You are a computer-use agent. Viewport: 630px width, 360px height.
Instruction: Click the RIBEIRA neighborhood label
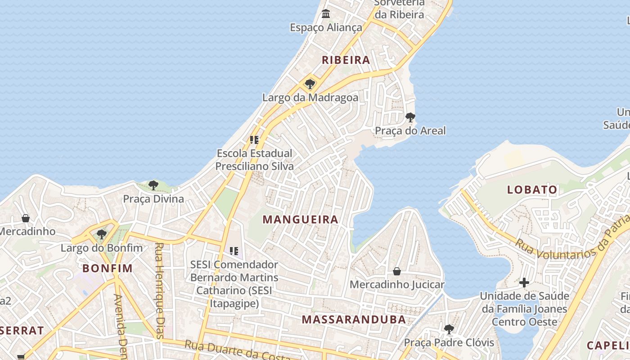(346, 60)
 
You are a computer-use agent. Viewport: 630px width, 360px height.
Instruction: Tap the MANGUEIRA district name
(300, 220)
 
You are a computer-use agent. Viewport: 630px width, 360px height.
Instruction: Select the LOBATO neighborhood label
(532, 189)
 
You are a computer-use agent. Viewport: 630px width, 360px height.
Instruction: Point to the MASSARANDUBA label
(354, 319)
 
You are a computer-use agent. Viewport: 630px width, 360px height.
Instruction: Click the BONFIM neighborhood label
(108, 269)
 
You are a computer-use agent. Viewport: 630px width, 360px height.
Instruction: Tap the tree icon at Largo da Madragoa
(310, 84)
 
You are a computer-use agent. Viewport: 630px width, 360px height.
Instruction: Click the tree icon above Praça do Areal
(410, 117)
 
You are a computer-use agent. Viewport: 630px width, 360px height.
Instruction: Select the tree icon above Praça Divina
(153, 185)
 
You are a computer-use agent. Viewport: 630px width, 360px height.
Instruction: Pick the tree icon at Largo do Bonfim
(102, 234)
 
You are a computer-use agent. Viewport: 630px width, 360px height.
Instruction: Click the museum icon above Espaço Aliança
(326, 14)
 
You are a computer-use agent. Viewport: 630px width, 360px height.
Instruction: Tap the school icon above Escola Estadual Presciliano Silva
(254, 140)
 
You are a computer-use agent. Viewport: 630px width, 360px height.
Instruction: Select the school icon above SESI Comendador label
(234, 251)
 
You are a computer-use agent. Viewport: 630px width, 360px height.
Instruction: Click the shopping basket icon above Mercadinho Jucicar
(397, 271)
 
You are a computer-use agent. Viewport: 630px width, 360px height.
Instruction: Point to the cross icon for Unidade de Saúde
(524, 283)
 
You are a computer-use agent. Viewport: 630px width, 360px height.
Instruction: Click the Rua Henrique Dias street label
(159, 290)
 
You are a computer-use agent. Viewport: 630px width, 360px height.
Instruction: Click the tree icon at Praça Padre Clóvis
(449, 329)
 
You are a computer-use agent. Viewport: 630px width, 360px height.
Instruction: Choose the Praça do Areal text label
(410, 131)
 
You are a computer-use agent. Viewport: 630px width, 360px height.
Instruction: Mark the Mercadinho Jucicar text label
(397, 284)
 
